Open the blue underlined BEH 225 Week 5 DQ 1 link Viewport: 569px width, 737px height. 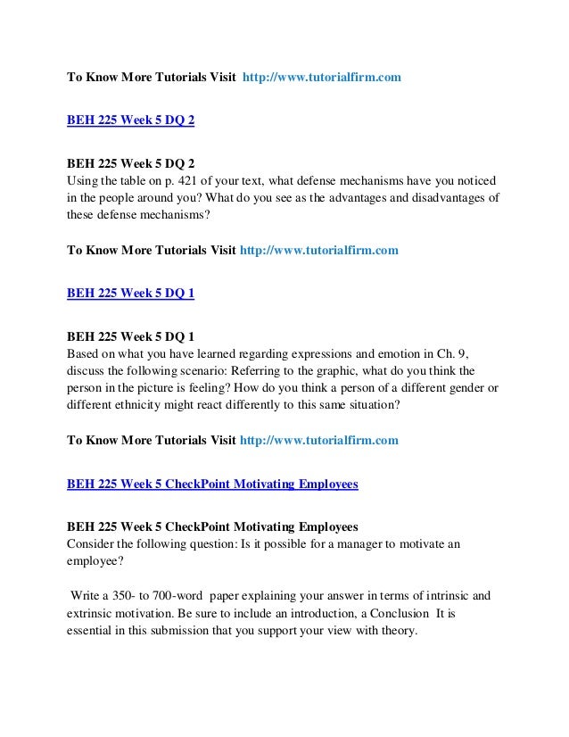pos(131,290)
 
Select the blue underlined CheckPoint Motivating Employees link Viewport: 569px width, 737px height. pos(213,484)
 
